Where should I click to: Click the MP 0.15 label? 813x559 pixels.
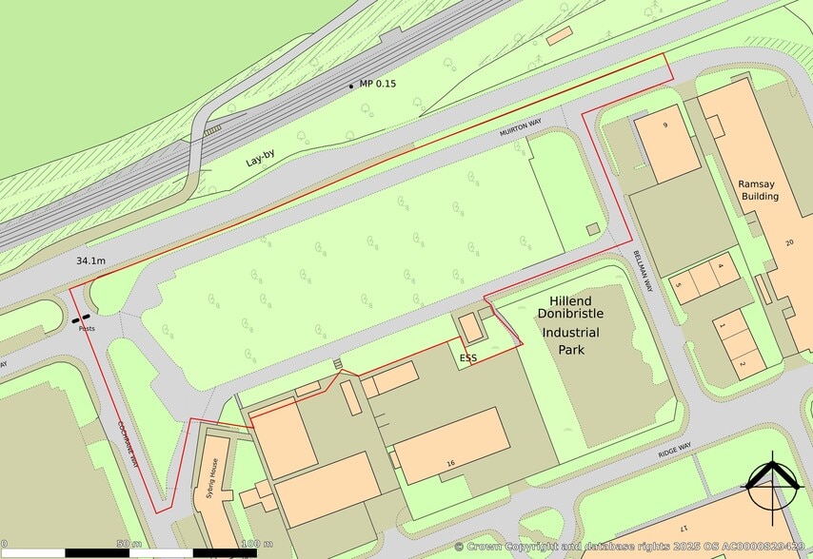[x=377, y=85]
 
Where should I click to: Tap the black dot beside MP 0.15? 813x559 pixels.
[x=351, y=87]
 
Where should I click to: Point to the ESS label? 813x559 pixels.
[x=467, y=357]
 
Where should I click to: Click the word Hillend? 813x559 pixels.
[x=570, y=299]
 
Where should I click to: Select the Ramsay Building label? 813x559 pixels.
[x=760, y=189]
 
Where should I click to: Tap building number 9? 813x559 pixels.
[x=665, y=125]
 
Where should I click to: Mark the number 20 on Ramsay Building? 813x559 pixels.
[x=788, y=243]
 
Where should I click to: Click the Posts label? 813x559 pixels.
[x=87, y=328]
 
